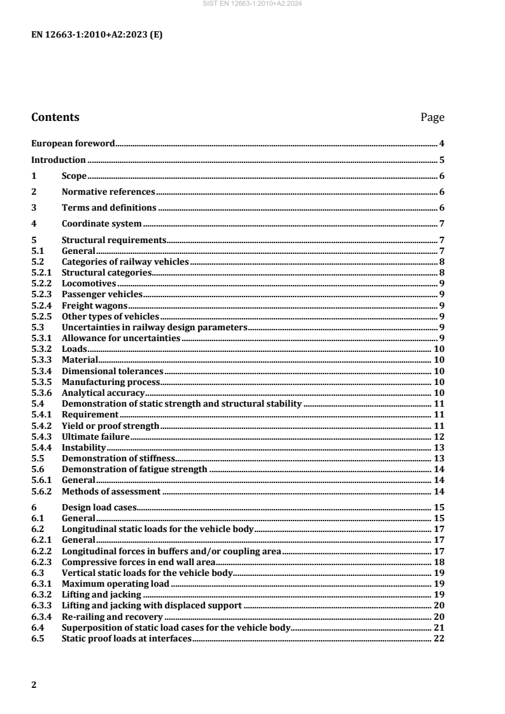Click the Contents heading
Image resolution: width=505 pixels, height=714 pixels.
coord(55,118)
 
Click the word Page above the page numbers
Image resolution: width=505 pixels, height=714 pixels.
coord(432,118)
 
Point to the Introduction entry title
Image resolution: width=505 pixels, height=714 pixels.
coord(59,160)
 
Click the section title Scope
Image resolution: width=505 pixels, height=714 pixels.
coord(74,176)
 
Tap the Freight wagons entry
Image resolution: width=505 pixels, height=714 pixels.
coord(94,305)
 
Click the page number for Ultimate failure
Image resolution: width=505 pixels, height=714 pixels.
coord(439,437)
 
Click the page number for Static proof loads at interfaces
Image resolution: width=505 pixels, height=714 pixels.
coord(439,638)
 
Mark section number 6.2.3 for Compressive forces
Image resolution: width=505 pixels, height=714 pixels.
coord(42,562)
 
